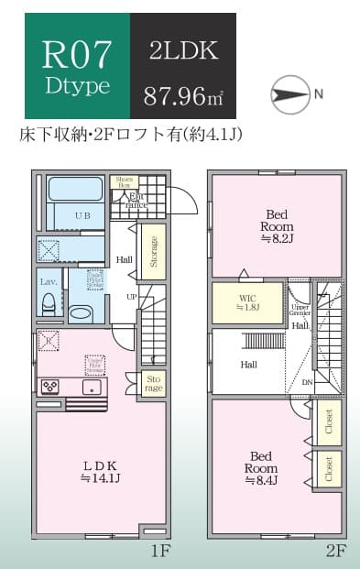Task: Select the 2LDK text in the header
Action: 182,51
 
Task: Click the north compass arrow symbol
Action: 291,94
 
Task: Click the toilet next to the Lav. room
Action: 81,312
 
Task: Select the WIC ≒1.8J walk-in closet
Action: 246,301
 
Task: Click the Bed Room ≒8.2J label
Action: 276,224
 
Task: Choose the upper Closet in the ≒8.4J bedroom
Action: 329,422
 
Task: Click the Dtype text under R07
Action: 78,88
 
